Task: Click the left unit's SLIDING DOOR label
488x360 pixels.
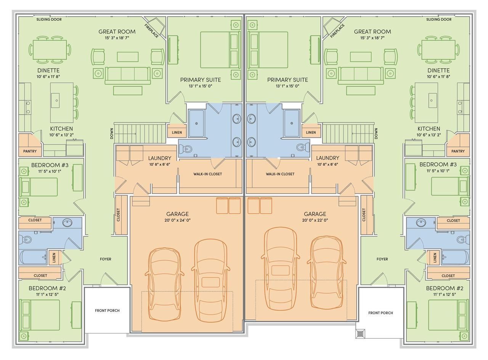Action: point(49,19)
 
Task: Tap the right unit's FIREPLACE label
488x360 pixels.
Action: point(337,31)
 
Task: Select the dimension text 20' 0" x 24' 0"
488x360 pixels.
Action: point(177,220)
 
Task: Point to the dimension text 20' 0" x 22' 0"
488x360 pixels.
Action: point(315,220)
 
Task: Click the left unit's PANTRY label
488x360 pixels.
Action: point(30,151)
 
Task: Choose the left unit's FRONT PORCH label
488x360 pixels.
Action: point(107,310)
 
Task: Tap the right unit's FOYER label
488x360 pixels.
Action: point(382,259)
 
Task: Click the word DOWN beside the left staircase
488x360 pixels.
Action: point(112,133)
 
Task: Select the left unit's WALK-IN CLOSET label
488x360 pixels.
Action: point(207,174)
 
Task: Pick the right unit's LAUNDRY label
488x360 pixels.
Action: point(327,158)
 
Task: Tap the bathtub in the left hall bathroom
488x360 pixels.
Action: point(33,257)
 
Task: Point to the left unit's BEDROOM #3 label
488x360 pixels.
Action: point(50,165)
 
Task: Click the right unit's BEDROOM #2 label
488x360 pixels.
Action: point(445,288)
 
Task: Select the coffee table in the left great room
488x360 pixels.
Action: point(128,57)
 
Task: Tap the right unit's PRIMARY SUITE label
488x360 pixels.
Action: point(287,80)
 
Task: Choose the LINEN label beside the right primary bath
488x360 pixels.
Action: point(311,133)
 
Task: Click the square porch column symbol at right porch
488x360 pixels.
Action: point(360,334)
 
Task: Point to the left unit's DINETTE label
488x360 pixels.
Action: point(48,70)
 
